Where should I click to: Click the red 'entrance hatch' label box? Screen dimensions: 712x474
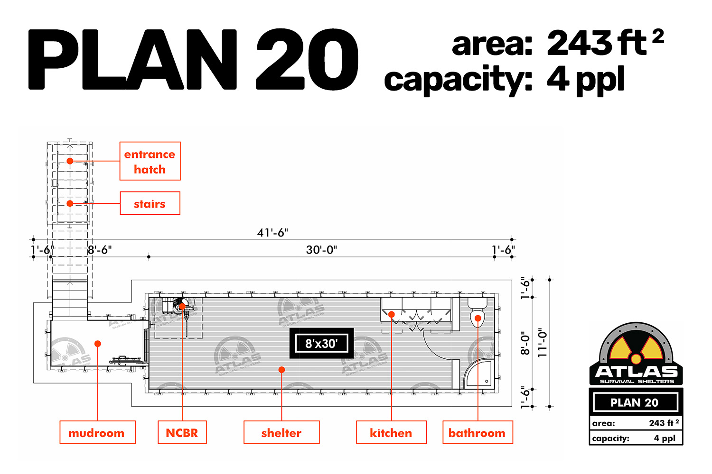pos(150,161)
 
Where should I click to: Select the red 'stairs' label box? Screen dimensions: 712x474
pos(150,203)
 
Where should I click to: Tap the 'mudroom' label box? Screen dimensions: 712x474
pos(98,432)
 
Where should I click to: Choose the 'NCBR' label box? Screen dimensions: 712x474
pos(182,432)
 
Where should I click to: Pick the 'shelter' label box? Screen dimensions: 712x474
pos(281,432)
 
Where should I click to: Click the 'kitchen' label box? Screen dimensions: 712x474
pos(391,432)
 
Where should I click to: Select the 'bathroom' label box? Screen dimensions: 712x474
pos(478,432)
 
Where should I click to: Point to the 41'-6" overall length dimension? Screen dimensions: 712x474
pos(272,233)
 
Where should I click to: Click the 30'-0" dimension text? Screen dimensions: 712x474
pos(321,250)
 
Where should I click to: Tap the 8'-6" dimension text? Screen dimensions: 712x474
pos(100,250)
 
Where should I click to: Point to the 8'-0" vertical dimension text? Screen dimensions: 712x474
pos(525,343)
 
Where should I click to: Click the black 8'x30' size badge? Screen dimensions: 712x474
pos(321,343)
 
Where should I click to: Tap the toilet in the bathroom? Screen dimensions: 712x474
pos(478,313)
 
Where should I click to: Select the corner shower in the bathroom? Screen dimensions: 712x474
pos(478,374)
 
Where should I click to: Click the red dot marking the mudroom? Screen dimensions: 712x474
pos(98,344)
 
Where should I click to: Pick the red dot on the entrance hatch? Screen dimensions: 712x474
pos(70,161)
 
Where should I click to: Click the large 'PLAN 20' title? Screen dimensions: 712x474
pos(193,59)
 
